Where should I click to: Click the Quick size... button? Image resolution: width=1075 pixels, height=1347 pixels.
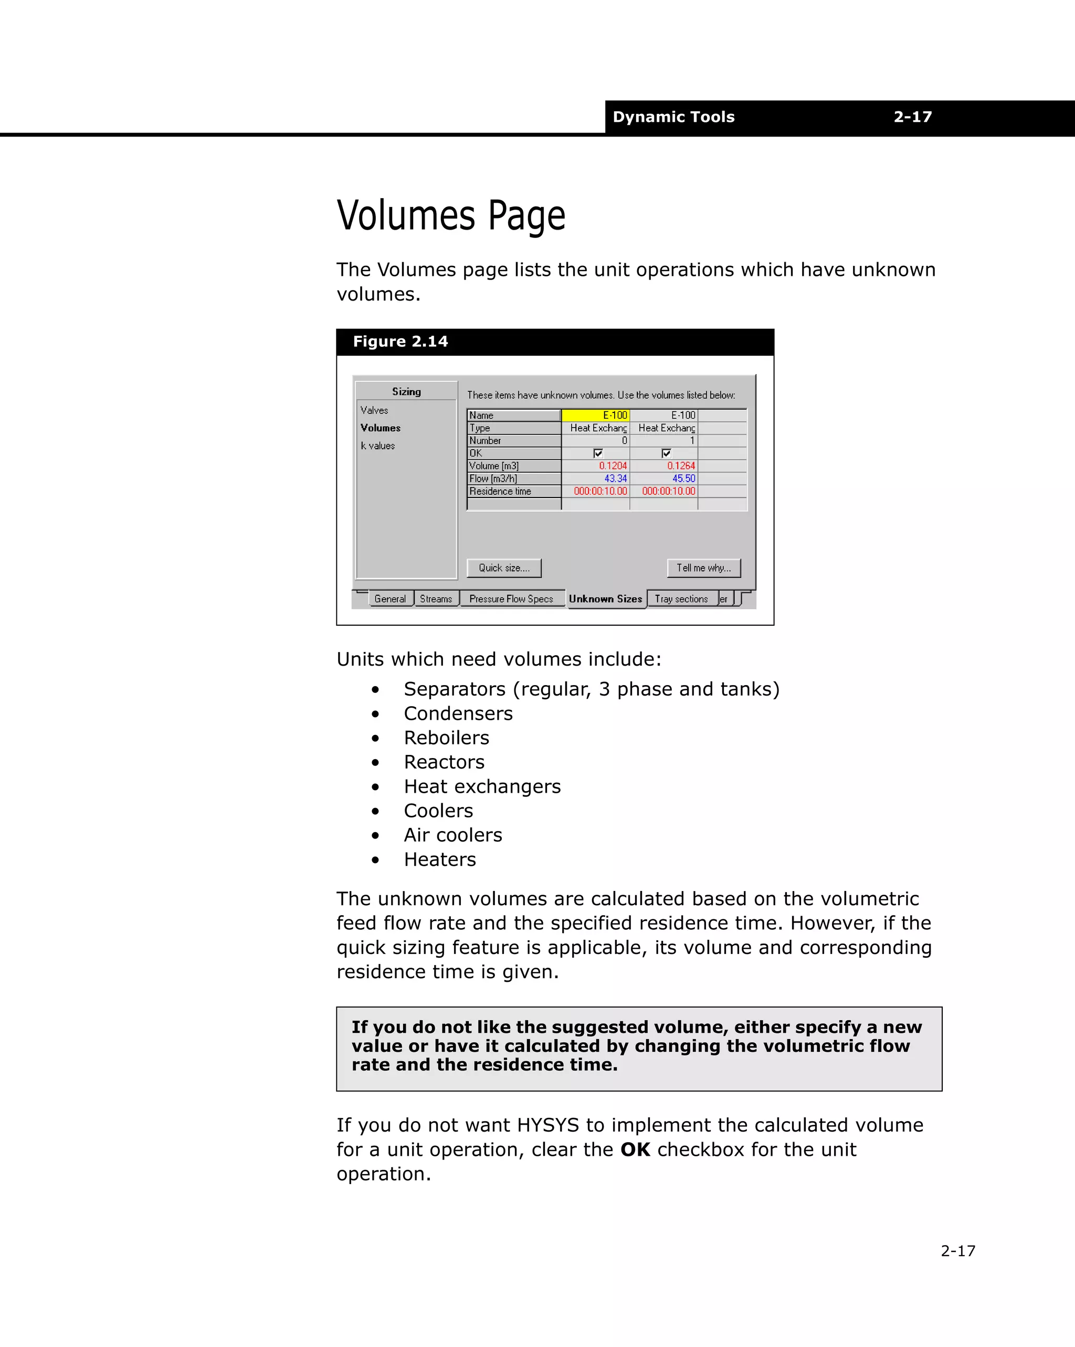point(504,568)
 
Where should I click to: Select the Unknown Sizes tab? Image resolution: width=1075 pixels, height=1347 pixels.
point(605,598)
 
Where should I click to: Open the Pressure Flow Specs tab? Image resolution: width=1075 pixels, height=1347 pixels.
point(511,598)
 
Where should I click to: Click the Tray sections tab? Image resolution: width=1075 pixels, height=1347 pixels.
point(681,598)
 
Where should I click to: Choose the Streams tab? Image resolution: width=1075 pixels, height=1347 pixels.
point(436,598)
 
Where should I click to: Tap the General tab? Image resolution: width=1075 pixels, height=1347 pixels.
point(389,598)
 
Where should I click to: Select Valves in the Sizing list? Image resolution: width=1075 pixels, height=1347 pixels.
point(374,410)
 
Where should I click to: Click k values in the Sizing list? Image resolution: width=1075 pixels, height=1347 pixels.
point(378,445)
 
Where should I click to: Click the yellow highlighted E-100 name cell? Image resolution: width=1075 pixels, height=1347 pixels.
point(596,416)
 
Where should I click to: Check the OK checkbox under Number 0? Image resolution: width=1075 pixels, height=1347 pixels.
point(598,453)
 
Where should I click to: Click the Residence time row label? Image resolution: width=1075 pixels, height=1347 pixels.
point(500,492)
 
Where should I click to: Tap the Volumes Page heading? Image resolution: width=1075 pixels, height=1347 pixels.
point(451,216)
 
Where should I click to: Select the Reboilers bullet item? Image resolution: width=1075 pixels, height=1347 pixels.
point(446,738)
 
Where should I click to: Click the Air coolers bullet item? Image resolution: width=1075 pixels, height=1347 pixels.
point(452,835)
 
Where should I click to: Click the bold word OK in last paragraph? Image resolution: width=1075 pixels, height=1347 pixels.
point(635,1149)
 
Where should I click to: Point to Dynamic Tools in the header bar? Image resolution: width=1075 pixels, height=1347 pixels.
point(673,117)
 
